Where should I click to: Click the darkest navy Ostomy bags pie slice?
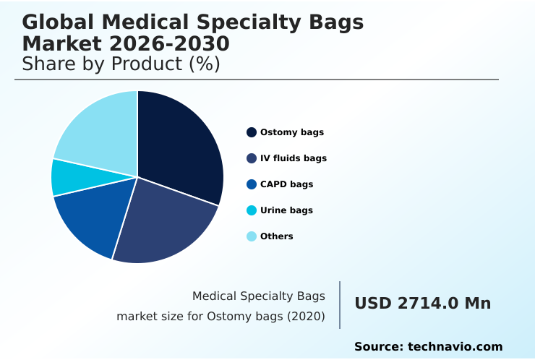(x=181, y=145)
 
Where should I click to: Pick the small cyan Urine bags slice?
(x=65, y=177)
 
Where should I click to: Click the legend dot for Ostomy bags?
(x=252, y=132)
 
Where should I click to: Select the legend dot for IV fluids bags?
(x=252, y=158)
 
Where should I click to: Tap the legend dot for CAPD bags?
(x=252, y=184)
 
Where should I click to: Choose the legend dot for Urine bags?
(x=252, y=210)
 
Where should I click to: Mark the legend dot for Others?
(x=252, y=236)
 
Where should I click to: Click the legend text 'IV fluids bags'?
(x=294, y=158)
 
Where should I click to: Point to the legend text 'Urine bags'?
(x=286, y=210)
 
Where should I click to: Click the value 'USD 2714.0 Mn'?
(x=422, y=304)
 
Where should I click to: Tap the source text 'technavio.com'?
(x=455, y=347)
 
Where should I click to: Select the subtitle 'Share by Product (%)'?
(x=121, y=64)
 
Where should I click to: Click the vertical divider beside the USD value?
(x=340, y=305)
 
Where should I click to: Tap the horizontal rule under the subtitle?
(x=257, y=80)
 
